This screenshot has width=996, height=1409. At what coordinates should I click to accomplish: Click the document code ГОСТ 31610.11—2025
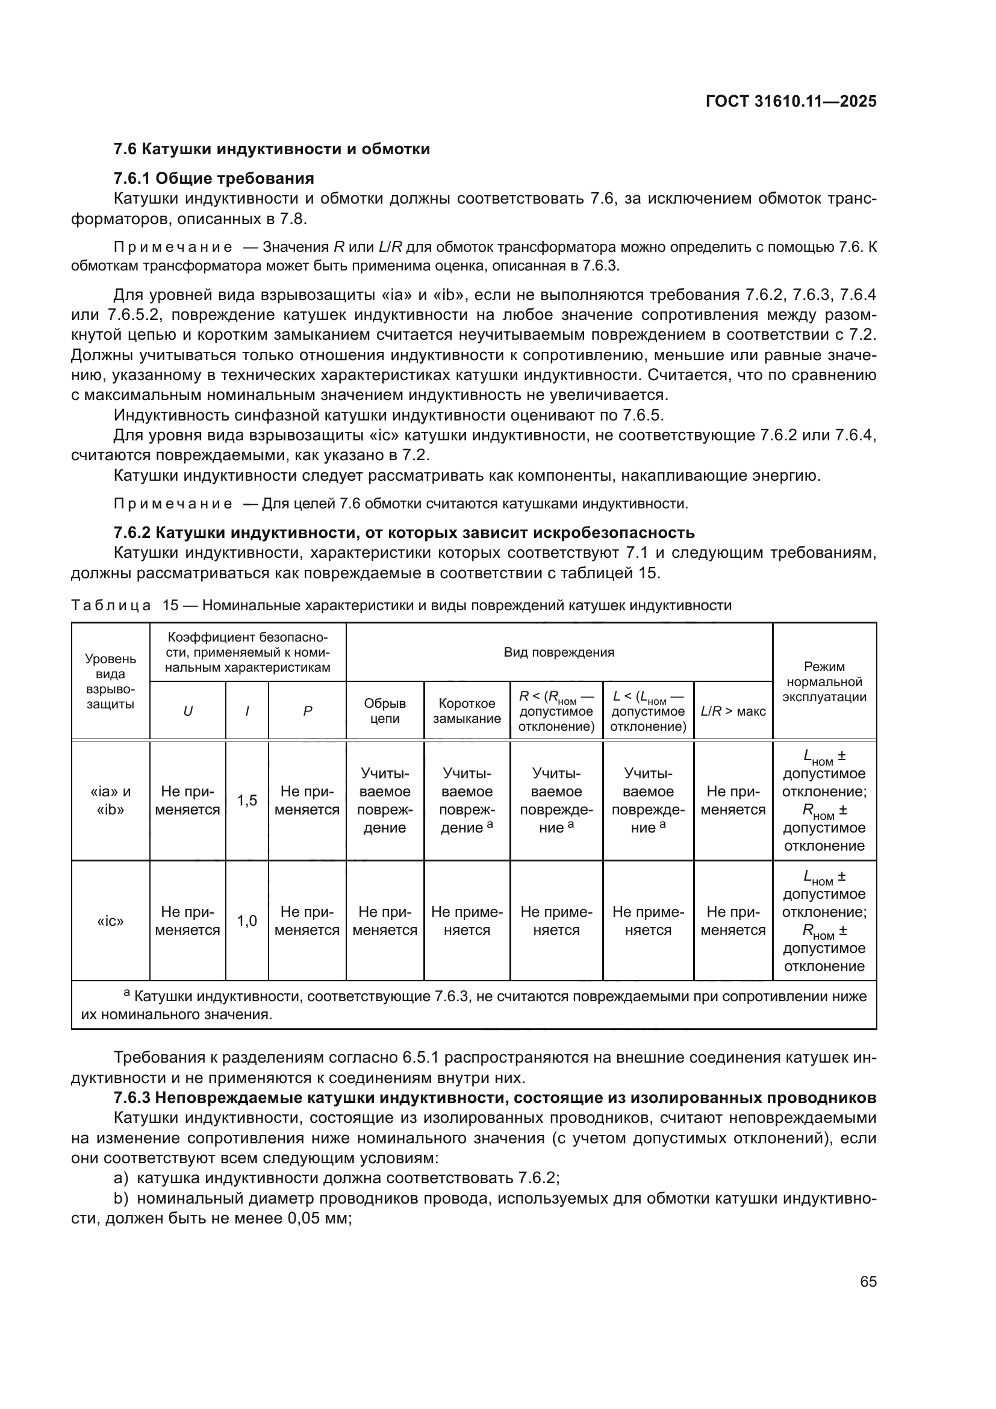coord(791,102)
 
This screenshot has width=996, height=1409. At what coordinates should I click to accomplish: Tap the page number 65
coord(868,1282)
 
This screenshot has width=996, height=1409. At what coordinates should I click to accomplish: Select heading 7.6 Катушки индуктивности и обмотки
coord(272,149)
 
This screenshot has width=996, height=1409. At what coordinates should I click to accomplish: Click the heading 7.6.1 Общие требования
coord(214,178)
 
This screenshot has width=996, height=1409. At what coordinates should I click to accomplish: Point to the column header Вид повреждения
coord(559,652)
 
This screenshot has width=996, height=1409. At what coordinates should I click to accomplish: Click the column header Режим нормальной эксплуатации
coord(824,682)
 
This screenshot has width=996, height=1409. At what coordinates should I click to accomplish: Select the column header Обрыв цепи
coord(385,711)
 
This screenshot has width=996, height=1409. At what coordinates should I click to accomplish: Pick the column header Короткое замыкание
coord(467,711)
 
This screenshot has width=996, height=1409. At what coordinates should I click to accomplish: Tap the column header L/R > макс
coord(733,711)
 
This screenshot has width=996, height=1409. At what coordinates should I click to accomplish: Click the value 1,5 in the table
coord(247,800)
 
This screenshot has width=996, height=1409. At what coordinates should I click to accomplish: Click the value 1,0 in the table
coord(247,920)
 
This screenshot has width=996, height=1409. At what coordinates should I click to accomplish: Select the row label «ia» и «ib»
coord(110,800)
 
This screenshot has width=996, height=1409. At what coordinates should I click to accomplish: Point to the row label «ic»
coord(110,920)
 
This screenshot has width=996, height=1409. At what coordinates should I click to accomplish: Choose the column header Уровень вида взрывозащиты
coord(110,682)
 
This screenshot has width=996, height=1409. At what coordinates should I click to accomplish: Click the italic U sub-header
coord(188,711)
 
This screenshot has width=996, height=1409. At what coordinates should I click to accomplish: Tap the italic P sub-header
coord(307,711)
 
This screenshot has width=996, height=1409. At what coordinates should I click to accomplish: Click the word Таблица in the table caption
coord(110,605)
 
